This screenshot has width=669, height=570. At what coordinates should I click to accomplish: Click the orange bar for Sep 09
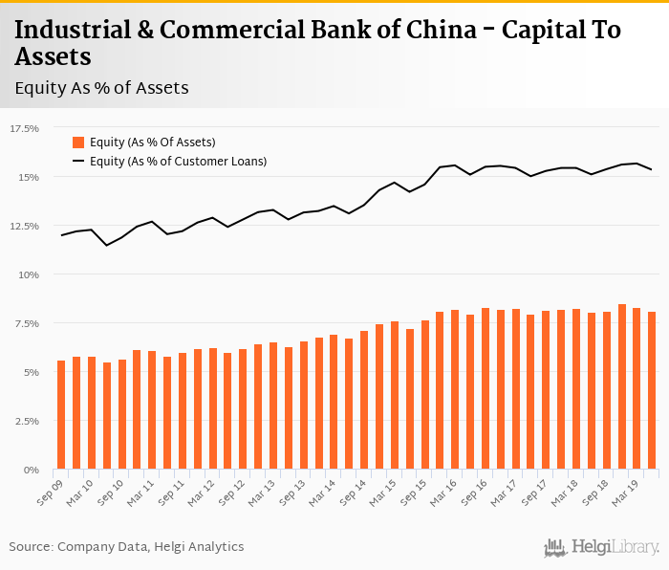coord(61,415)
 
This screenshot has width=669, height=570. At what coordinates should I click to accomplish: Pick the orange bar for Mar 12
coord(212,409)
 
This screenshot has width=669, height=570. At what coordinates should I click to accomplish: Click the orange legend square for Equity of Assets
coord(78,142)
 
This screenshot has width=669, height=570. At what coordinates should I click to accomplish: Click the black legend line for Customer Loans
coord(78,162)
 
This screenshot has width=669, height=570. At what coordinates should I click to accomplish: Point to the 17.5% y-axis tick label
coord(25,128)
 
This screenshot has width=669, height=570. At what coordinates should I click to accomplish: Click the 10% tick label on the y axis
coord(29,274)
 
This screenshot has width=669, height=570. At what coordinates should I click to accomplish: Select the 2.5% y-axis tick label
coord(27,421)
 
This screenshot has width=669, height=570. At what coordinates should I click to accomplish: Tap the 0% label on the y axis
coord(32,470)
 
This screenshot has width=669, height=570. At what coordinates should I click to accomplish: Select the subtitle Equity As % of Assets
coord(102,88)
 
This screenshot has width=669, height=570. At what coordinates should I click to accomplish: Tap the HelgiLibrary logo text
coord(615,548)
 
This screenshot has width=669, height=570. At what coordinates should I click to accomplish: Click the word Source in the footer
coord(31,547)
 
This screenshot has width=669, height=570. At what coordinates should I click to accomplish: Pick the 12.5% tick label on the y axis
coord(25,226)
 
